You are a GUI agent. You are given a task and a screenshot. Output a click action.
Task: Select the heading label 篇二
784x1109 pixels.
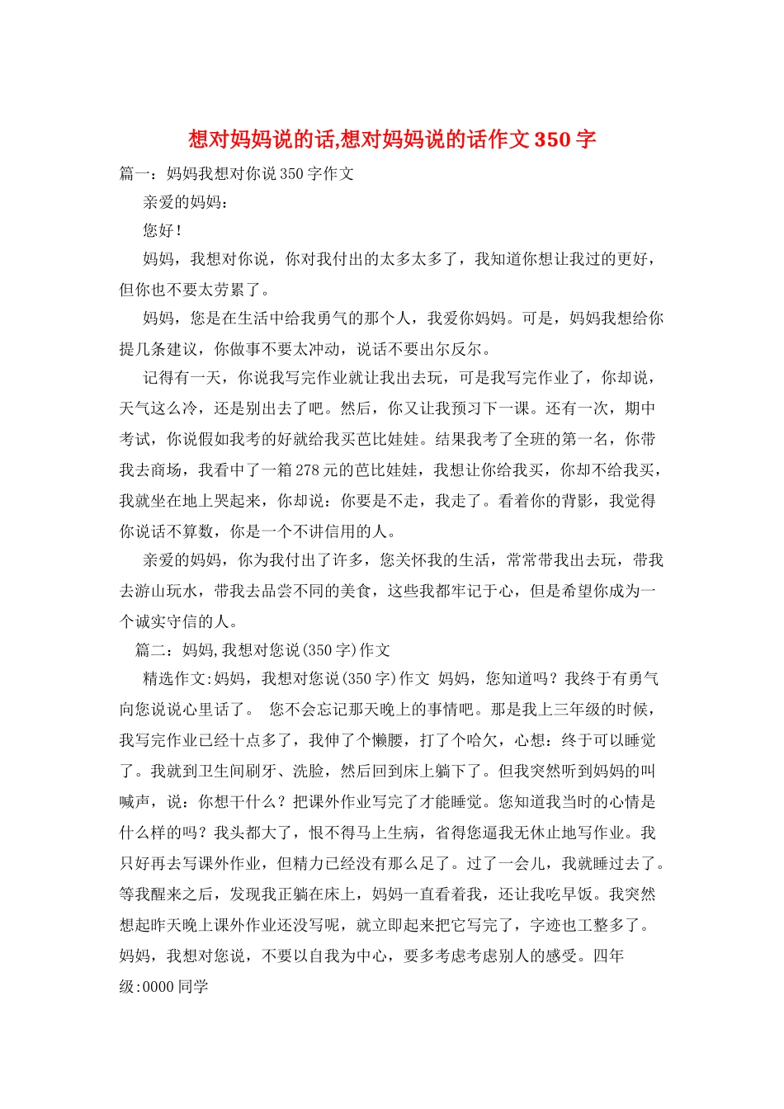151,650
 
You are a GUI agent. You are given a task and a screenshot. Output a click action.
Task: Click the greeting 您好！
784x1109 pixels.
163,230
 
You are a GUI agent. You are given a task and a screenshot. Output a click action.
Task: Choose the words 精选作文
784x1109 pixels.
174,679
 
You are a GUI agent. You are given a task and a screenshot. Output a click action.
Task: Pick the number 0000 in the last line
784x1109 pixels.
158,987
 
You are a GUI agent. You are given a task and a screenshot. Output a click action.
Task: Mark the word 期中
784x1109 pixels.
640,408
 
